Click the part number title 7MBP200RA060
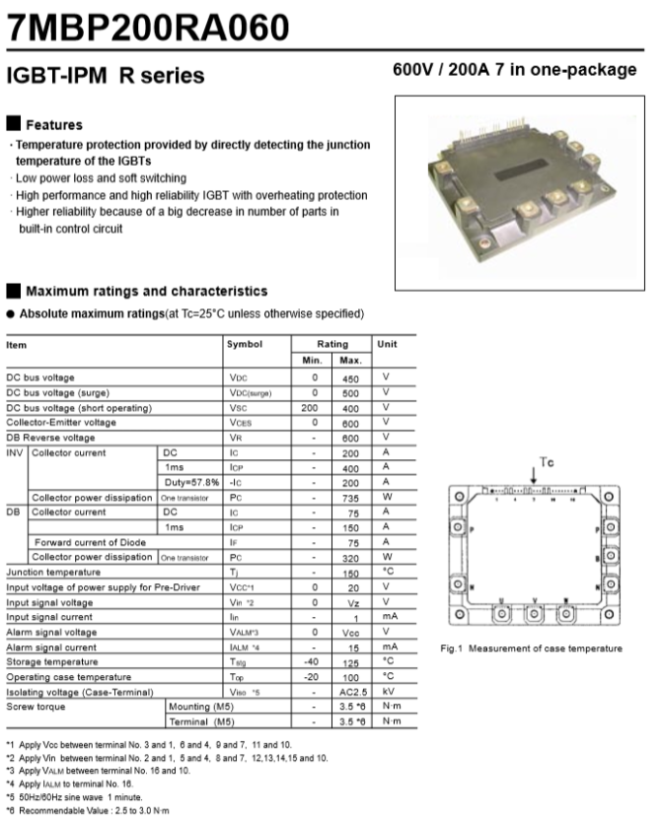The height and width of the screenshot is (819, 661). point(149,26)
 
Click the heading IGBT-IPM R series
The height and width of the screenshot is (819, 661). point(106,75)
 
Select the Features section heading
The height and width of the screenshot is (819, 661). point(53,125)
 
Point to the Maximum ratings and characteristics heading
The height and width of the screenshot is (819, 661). point(146,291)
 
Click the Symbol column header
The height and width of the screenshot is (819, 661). point(245,344)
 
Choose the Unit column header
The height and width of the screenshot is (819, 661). point(387,344)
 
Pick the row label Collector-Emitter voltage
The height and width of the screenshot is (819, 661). point(61,422)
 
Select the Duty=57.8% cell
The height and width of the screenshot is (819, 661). point(191,482)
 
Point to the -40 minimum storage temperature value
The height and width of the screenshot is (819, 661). point(314,661)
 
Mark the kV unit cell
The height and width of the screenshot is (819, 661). point(387,691)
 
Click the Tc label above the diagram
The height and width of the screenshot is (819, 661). point(548,461)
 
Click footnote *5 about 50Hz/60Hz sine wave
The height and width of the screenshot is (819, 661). point(75,796)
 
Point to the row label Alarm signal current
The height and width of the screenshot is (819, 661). point(53,647)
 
